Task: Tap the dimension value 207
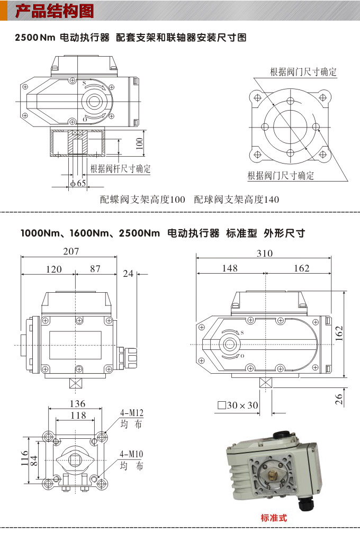70,251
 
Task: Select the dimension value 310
264,253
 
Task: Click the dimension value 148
230,268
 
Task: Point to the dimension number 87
95,269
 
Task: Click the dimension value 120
53,269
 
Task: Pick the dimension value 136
77,404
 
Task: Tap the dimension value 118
78,415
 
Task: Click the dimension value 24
128,274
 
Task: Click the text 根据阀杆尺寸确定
120,169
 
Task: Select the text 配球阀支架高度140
236,200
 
